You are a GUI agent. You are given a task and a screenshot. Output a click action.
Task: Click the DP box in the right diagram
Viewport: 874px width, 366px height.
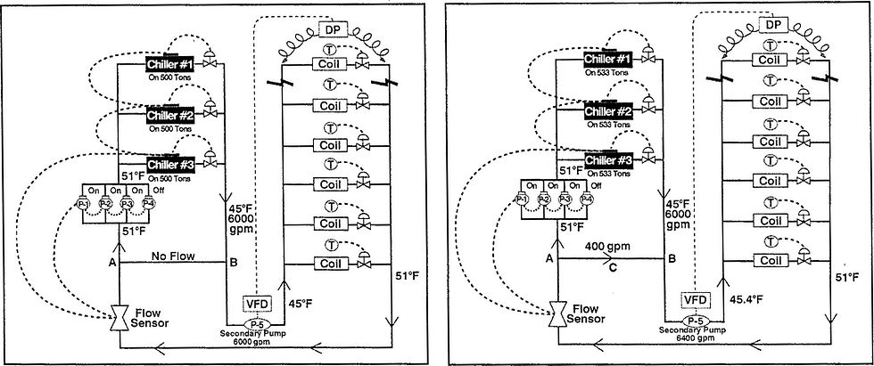[774, 23]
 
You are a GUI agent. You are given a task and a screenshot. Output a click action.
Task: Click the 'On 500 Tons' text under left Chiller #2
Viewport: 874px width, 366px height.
[171, 127]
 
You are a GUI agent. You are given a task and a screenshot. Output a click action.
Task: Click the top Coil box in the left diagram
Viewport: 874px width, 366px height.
[326, 64]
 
